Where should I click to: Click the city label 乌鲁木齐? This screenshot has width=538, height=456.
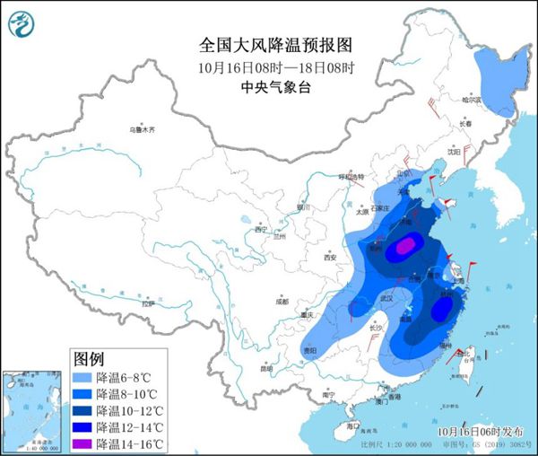coord(142,130)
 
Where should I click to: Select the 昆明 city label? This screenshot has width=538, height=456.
coord(265,368)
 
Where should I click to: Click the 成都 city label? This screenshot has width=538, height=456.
coord(283,303)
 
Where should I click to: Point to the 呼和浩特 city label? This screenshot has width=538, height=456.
coord(353,177)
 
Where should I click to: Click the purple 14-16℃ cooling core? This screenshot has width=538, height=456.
coord(408,244)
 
